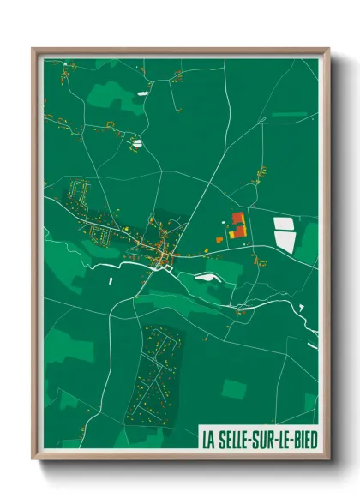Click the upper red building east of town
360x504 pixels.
pos(238,218)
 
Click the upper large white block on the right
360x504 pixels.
pos(283,224)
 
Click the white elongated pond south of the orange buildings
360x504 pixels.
pos(206,276)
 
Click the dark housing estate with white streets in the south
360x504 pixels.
pos(159,373)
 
